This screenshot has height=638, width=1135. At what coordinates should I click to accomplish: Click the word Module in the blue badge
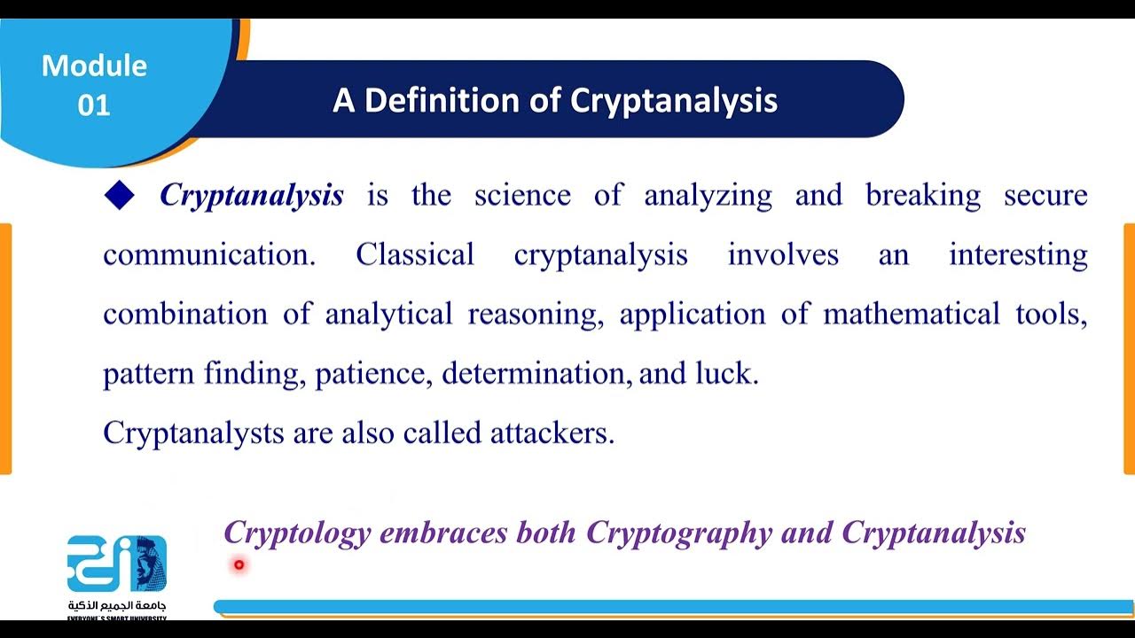tap(94, 66)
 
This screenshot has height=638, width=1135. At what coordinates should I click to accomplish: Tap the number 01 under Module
tap(94, 105)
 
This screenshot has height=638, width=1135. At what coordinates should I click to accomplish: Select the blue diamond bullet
tap(119, 195)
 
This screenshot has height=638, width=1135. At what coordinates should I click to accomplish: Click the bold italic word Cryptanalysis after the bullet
tap(252, 195)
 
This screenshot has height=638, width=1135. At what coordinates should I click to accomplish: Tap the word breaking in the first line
tap(923, 195)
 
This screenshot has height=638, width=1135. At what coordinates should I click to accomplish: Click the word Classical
tap(415, 255)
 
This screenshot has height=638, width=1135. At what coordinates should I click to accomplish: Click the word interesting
tap(1018, 255)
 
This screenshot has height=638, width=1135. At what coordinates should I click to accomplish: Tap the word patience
tap(373, 374)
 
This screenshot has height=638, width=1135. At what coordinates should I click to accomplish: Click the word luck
tap(724, 374)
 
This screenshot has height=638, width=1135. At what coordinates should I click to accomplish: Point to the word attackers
tap(552, 432)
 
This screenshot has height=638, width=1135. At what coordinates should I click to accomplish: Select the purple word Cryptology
tap(297, 533)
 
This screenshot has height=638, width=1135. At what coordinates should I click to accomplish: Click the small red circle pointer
tap(239, 564)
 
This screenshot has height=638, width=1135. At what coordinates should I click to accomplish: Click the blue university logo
tap(116, 564)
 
